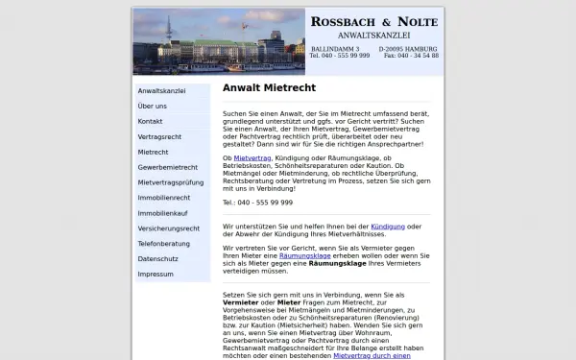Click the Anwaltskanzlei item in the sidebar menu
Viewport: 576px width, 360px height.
[x=161, y=90]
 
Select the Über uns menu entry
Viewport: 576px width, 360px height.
[x=153, y=106]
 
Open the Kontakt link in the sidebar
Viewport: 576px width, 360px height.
[x=151, y=121]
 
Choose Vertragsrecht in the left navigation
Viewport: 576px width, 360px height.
[x=159, y=136]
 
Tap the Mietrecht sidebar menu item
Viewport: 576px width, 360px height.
[x=154, y=152]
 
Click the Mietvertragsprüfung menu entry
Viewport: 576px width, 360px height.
[x=171, y=182]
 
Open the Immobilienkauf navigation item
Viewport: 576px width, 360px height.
[x=163, y=213]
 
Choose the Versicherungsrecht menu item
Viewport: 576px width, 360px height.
[x=169, y=228]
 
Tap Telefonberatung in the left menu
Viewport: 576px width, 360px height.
[x=165, y=244]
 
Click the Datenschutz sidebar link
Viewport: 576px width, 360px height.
[x=159, y=259]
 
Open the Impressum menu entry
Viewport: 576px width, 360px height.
[x=156, y=275]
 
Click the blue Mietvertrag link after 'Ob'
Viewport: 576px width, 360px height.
[x=252, y=157]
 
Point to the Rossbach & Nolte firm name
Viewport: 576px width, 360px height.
[x=373, y=22]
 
